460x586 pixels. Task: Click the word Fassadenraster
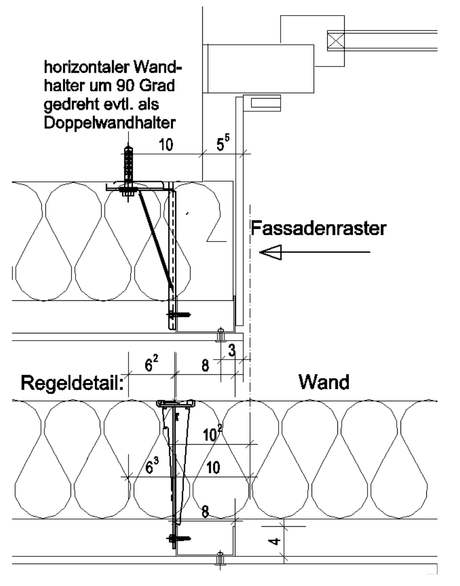(x=318, y=228)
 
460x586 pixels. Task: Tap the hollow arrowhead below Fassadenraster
(x=271, y=252)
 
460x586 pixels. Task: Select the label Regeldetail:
(x=72, y=383)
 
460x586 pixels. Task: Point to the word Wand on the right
(x=324, y=382)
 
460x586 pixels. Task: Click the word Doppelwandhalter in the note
(x=109, y=123)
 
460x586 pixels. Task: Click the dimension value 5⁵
(x=223, y=144)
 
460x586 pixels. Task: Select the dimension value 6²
(x=151, y=364)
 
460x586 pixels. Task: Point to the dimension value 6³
(x=152, y=466)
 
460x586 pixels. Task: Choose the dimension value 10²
(x=213, y=434)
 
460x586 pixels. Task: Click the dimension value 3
(x=232, y=351)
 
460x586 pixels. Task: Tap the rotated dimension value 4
(x=275, y=541)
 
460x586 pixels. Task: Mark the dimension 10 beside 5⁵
(x=166, y=144)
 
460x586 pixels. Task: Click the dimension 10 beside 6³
(x=213, y=468)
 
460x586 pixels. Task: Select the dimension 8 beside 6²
(x=205, y=365)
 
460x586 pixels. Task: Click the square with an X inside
(x=336, y=40)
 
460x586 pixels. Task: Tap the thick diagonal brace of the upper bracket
(x=156, y=239)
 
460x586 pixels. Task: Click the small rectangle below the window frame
(x=265, y=102)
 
